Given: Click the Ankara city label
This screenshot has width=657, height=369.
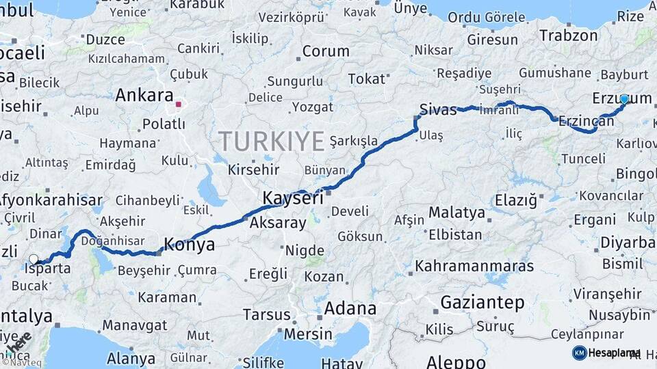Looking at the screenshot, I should coord(144,95).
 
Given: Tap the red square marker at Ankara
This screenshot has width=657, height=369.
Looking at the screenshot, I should coord(178,105).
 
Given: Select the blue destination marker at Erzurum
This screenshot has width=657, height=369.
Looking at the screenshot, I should coord(623,99).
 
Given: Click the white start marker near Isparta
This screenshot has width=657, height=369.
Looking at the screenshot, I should coord(34,259).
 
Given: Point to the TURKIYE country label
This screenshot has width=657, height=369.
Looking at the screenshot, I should coord(272,141).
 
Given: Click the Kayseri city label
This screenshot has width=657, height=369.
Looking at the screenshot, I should coord(292,199).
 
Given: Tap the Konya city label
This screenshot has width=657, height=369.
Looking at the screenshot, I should coord(190,245).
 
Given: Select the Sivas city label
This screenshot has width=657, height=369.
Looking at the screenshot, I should coord(437,109).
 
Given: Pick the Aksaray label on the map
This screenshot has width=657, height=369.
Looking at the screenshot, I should coord(278,223).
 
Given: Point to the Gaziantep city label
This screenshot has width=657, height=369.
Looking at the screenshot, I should coord(482,302).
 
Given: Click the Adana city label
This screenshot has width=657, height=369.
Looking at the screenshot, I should coord(350,308).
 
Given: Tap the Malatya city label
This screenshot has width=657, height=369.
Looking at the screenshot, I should coord(456,213).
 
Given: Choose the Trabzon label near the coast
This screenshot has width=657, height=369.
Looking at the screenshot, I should coord(568,36).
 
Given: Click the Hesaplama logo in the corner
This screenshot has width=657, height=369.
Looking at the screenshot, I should coord(606,353).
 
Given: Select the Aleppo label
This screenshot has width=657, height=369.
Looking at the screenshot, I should coord(456,361).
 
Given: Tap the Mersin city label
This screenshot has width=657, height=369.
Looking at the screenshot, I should coord(307,335).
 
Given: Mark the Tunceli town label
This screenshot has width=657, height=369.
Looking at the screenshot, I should coord(583,159).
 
